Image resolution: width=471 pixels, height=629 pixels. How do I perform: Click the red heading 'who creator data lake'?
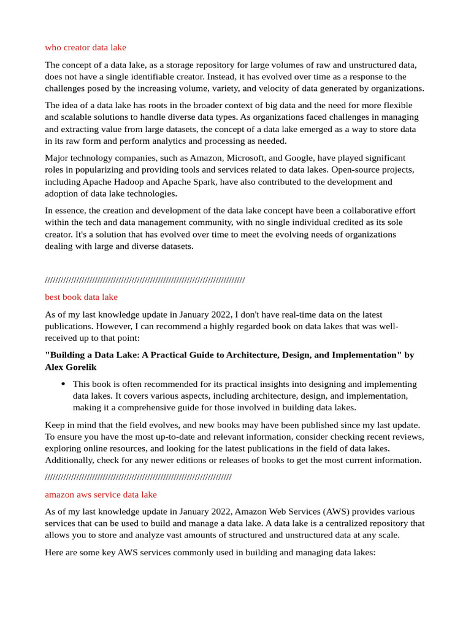tap(85, 47)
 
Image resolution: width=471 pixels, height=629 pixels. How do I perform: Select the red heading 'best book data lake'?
tap(81, 297)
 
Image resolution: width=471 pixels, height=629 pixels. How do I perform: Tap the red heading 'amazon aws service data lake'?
tap(101, 494)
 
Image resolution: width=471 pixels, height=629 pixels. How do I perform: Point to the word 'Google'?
tap(297, 158)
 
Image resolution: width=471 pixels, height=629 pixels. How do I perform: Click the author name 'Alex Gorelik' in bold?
tap(71, 367)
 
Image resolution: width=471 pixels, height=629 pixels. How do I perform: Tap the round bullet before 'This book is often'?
tap(64, 383)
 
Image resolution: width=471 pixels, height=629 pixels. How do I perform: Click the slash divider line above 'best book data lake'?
tap(145, 280)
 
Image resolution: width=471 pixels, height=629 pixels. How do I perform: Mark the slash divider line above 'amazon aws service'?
tap(138, 477)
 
